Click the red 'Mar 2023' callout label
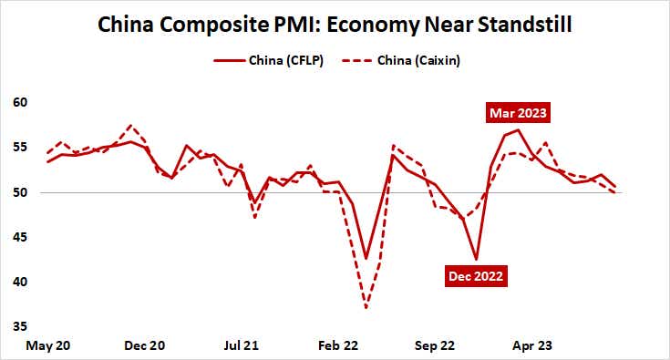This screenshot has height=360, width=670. pyautogui.click(x=519, y=114)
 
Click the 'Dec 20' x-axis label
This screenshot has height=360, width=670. pyautogui.click(x=144, y=346)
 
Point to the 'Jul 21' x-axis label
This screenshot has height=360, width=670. pyautogui.click(x=242, y=346)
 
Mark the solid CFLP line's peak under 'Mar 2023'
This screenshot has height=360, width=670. pyautogui.click(x=519, y=129)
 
